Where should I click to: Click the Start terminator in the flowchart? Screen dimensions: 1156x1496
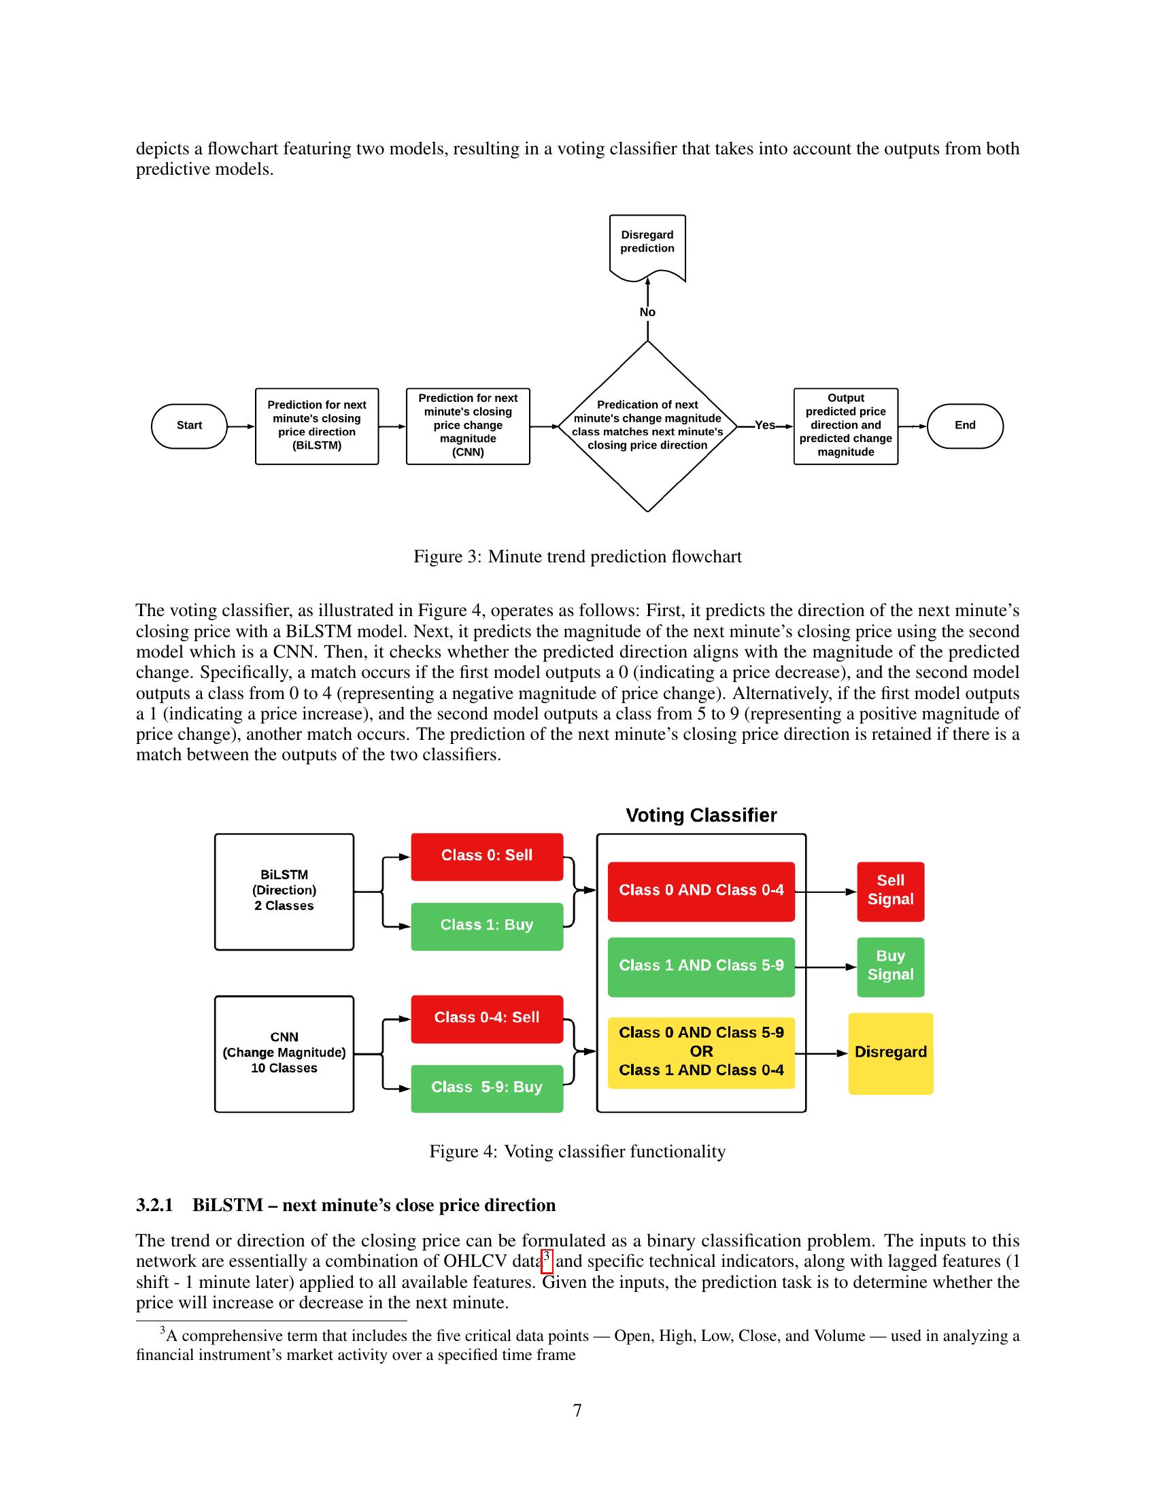click(x=189, y=426)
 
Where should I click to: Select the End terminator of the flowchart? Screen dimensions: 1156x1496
click(x=965, y=426)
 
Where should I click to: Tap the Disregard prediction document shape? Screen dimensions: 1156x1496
click(x=647, y=248)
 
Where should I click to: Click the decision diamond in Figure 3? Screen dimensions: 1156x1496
click(x=647, y=426)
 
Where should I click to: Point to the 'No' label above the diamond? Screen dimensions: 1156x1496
click(x=647, y=312)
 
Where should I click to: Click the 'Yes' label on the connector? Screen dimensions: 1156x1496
click(x=765, y=426)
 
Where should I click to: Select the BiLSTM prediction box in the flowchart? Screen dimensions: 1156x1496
click(x=317, y=426)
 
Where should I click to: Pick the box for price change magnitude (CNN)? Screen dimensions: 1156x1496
click(x=469, y=426)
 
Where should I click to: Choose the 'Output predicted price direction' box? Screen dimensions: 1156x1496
click(x=846, y=426)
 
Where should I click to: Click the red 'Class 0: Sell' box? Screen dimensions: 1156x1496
click(x=487, y=856)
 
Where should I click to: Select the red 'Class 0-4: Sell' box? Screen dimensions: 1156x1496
click(x=487, y=1019)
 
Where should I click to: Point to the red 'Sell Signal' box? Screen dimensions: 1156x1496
click(x=890, y=891)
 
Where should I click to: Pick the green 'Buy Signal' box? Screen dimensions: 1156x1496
click(x=890, y=966)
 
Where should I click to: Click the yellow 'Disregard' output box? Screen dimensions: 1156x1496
click(x=890, y=1053)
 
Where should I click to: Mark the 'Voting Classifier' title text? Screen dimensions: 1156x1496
click(x=701, y=815)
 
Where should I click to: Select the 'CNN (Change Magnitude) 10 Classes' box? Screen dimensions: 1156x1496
click(x=284, y=1053)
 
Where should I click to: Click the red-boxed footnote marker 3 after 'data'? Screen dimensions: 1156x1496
click(x=547, y=1260)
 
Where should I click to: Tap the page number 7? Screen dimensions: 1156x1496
click(x=577, y=1411)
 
